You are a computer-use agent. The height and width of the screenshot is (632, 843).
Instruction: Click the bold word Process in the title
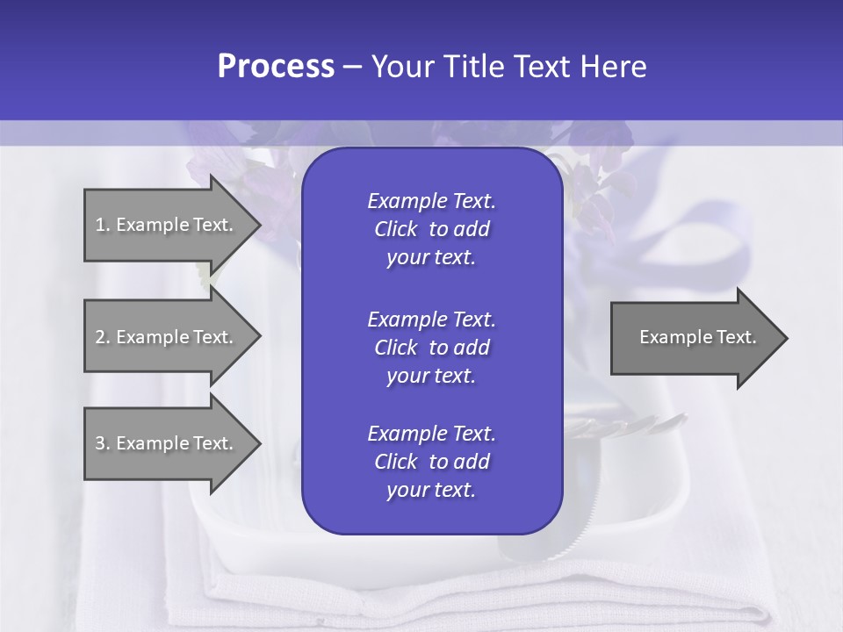(276, 67)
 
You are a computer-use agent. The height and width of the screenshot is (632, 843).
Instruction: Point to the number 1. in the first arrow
(102, 225)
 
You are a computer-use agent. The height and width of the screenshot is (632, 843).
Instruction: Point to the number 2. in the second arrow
(102, 337)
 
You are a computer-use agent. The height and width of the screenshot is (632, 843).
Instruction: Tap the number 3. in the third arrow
(102, 443)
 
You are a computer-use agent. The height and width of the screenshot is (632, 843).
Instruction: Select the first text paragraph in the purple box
(431, 229)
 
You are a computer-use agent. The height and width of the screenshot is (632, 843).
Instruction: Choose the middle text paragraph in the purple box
(431, 348)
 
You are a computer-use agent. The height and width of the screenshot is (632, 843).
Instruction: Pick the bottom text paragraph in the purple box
(431, 462)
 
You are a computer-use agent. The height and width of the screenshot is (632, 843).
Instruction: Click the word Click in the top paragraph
(395, 229)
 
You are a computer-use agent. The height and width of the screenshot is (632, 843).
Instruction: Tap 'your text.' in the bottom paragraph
(431, 491)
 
